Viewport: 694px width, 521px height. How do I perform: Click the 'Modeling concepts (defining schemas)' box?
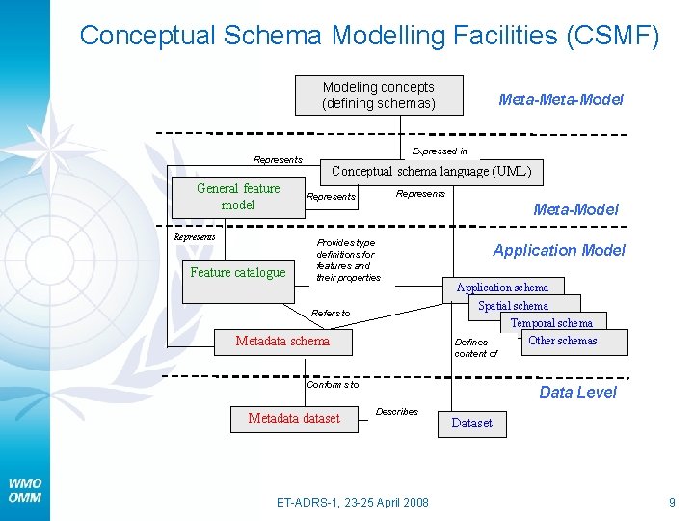tap(378, 96)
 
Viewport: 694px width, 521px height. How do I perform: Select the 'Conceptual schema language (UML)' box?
tap(431, 172)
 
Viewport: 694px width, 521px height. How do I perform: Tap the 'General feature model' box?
tap(238, 197)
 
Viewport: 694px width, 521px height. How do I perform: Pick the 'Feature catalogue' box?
tap(238, 272)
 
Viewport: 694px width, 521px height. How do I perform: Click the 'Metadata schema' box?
tap(282, 341)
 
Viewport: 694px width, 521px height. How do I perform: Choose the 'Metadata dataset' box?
tap(294, 418)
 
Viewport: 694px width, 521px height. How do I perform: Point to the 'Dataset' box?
tap(471, 423)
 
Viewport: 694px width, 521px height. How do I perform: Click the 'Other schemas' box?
tap(563, 341)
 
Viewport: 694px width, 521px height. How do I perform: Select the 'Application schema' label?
tap(502, 288)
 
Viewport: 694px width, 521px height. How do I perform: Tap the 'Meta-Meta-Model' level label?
tap(560, 99)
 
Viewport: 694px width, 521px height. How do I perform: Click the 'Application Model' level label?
tap(559, 250)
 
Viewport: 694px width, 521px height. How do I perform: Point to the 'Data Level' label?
tap(577, 392)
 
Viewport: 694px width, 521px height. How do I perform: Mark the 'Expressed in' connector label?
tap(440, 151)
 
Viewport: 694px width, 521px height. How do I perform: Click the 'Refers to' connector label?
tap(331, 313)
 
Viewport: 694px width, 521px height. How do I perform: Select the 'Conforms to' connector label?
tap(333, 384)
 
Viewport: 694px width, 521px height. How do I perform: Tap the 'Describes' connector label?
tap(396, 411)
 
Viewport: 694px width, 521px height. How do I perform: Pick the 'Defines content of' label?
tap(475, 347)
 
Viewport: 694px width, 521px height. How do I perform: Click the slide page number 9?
tap(672, 502)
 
